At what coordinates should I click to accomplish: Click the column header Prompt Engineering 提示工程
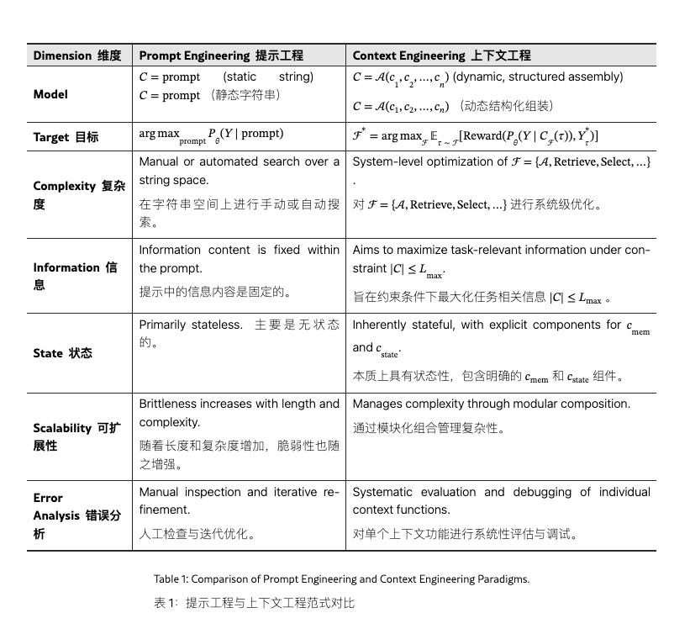[x=221, y=55]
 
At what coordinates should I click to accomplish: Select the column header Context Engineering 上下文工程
[x=441, y=55]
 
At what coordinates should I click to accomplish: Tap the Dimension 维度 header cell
[x=77, y=55]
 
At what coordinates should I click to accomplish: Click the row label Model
[x=50, y=94]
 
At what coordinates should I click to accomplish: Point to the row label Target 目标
[x=66, y=137]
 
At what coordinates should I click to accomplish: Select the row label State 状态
[x=63, y=353]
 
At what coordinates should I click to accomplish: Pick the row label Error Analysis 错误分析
[x=76, y=515]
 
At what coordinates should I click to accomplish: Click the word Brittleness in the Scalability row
[x=171, y=404]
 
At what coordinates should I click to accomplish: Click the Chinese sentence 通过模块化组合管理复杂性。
[x=429, y=428]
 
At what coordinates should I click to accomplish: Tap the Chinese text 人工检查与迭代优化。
[x=198, y=533]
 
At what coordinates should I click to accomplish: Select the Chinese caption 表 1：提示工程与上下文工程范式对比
[x=255, y=603]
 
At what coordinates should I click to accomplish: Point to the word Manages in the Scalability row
[x=376, y=404]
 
